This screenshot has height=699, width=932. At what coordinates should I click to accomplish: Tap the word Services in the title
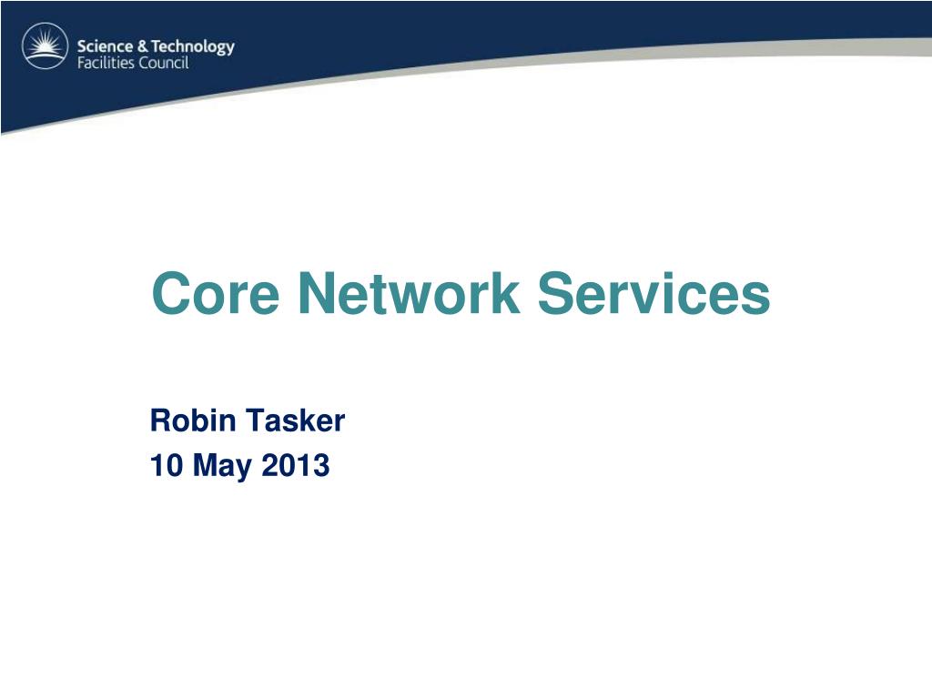653,294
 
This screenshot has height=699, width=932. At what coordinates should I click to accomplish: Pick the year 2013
296,466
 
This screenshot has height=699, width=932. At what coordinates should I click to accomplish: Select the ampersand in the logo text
145,46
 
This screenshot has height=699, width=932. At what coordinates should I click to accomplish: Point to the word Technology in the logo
193,47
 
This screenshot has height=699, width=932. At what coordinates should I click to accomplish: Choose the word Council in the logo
165,64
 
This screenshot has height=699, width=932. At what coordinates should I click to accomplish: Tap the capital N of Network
316,294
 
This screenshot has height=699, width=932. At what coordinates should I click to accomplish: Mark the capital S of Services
555,294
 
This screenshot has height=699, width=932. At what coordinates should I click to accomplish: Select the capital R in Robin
159,420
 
